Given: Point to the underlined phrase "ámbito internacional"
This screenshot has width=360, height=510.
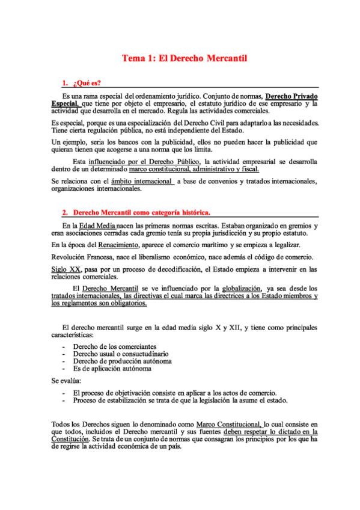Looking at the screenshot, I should point(142,180).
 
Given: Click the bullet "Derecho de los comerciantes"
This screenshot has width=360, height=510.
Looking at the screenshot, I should point(115,347).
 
